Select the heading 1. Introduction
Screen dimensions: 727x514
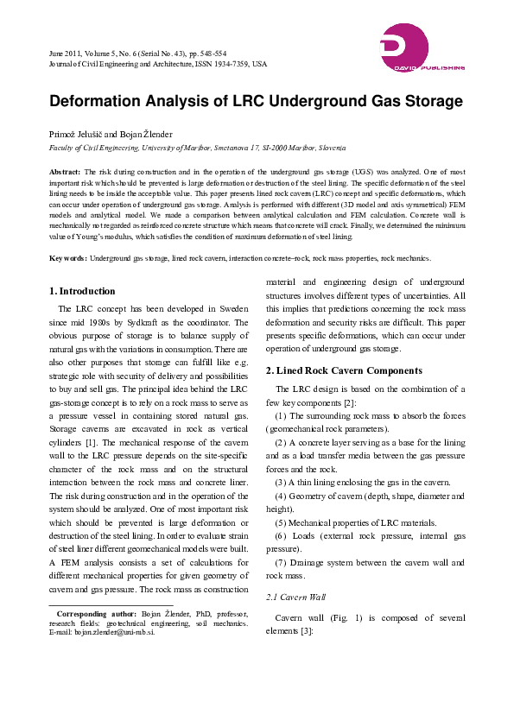[x=82, y=291]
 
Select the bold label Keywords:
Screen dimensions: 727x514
[x=67, y=258]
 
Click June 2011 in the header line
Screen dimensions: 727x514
[x=66, y=53]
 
